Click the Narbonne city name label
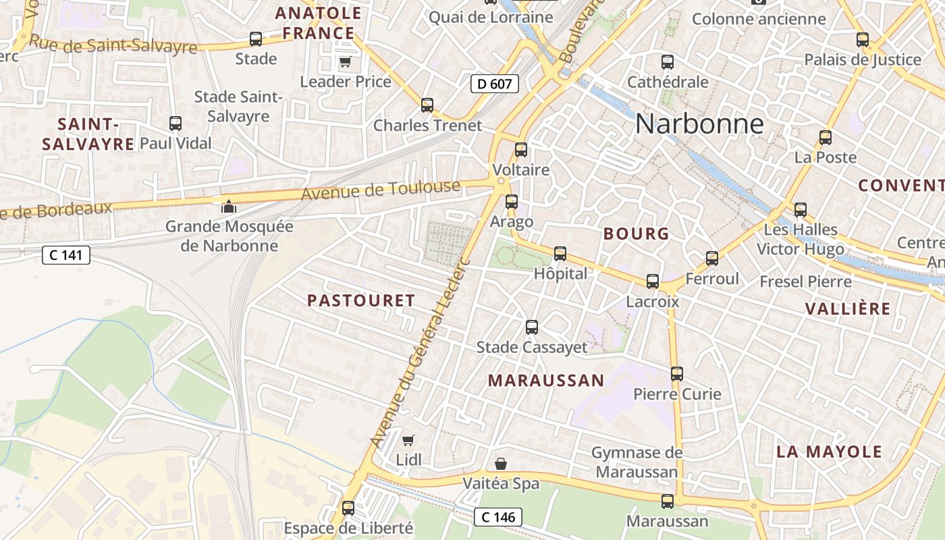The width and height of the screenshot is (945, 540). click(699, 124)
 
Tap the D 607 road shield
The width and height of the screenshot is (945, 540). click(494, 84)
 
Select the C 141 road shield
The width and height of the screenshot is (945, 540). click(65, 255)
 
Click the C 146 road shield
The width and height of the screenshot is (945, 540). click(498, 517)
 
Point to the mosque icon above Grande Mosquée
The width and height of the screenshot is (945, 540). click(229, 207)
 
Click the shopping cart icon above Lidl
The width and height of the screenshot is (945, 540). click(408, 441)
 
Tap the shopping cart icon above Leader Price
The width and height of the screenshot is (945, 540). click(345, 62)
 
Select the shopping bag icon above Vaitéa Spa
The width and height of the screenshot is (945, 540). click(501, 464)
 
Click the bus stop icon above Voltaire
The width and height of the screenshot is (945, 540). click(521, 150)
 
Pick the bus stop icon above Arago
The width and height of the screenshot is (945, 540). click(512, 201)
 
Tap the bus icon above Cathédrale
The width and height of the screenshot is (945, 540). click(668, 62)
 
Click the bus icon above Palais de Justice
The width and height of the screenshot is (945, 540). click(863, 39)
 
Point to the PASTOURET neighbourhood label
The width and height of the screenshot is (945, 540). click(361, 301)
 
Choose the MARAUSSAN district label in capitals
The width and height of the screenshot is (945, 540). click(546, 381)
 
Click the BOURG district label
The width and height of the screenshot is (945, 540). click(636, 234)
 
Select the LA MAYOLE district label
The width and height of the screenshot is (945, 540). click(829, 452)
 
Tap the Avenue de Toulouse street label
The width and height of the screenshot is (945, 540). click(381, 190)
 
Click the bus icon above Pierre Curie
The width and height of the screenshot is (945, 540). click(677, 373)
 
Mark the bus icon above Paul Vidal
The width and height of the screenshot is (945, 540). click(175, 124)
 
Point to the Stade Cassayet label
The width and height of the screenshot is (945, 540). click(532, 347)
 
